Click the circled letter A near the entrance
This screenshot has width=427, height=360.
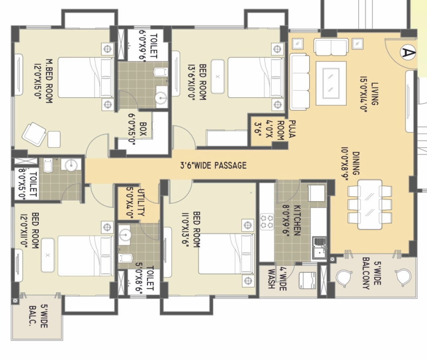408,53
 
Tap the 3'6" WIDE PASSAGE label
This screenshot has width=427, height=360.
213,165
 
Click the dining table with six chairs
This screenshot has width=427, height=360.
370,205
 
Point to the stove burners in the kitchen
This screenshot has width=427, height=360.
267,221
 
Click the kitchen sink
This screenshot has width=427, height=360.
319,248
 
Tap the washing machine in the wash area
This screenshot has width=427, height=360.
307,280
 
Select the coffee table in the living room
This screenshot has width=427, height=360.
331,83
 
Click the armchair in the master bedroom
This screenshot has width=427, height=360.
34,134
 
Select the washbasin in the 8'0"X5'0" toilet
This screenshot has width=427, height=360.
71,165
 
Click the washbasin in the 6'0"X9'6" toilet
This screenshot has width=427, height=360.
161,98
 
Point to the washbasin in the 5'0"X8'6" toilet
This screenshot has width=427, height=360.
125,234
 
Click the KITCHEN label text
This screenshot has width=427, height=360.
297,220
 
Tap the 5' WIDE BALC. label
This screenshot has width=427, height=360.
38,316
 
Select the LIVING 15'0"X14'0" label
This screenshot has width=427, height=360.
369,94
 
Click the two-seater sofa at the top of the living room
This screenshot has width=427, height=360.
331,47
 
